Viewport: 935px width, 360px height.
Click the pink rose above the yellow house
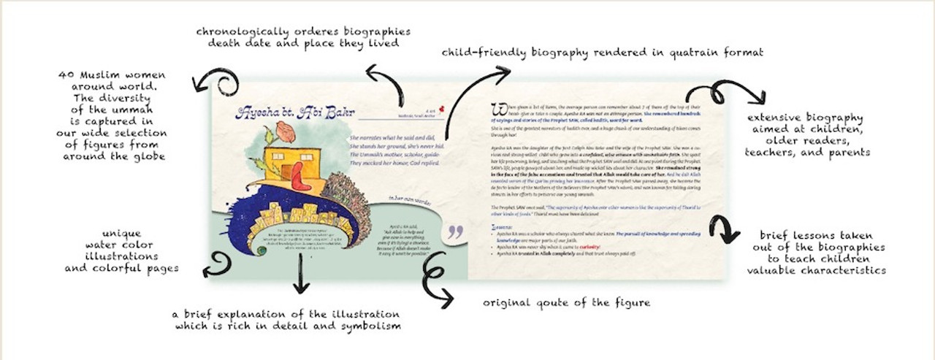pyautogui.click(x=286, y=131)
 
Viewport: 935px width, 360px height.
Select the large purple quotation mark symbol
pyautogui.click(x=455, y=232)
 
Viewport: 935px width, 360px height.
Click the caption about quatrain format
pyautogui.click(x=602, y=53)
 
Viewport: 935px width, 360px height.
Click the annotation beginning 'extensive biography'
pyautogui.click(x=806, y=134)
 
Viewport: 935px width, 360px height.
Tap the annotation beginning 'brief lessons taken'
pyautogui.click(x=816, y=252)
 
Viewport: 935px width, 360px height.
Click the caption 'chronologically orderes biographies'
pyautogui.click(x=303, y=36)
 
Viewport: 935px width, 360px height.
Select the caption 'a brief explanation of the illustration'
pyautogui.click(x=287, y=319)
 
